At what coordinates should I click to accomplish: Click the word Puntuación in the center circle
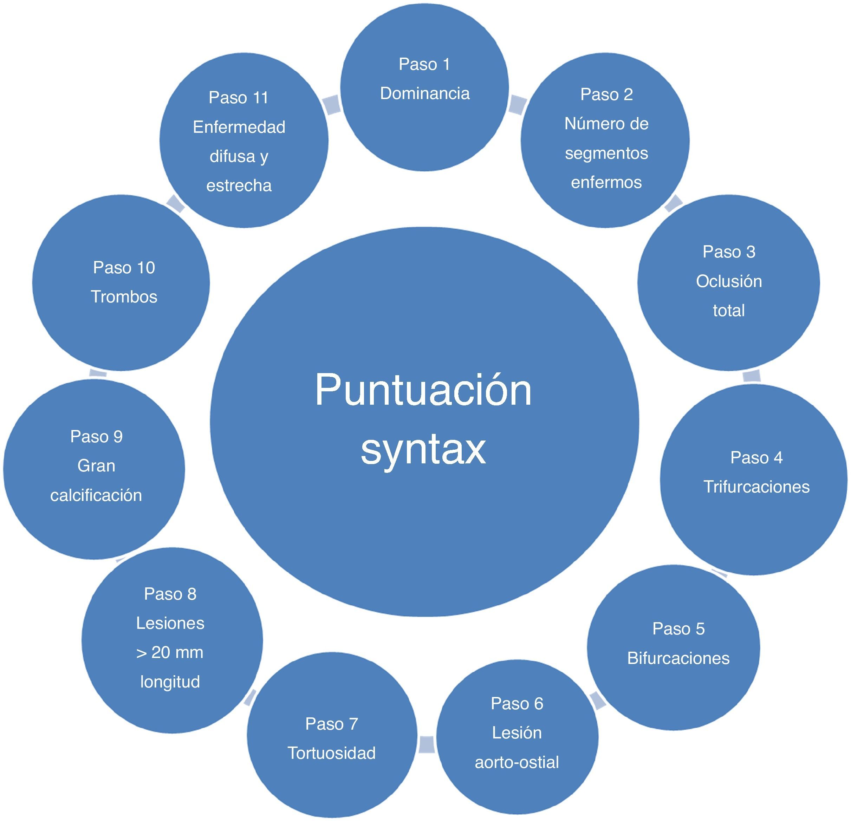[x=423, y=391]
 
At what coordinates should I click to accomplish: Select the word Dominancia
[x=425, y=94]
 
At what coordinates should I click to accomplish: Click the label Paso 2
[x=606, y=94]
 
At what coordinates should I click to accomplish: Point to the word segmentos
[x=606, y=153]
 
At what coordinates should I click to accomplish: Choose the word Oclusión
[x=729, y=281]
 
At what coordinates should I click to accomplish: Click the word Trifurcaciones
[x=756, y=487]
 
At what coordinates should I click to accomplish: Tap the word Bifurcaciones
[x=678, y=658]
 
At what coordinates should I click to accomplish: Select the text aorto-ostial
[x=517, y=762]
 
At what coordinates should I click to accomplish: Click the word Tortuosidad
[x=331, y=753]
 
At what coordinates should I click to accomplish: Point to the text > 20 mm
[x=170, y=652]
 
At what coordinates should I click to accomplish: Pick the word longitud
[x=170, y=682]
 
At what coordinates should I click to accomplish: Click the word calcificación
[x=96, y=495]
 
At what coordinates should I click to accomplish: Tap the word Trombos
[x=124, y=297]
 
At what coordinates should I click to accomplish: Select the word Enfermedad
[x=239, y=127]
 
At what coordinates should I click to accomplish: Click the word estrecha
[x=239, y=186]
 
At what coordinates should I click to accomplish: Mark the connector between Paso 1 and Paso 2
[x=517, y=105]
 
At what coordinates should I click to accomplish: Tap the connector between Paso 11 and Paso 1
[x=332, y=105]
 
